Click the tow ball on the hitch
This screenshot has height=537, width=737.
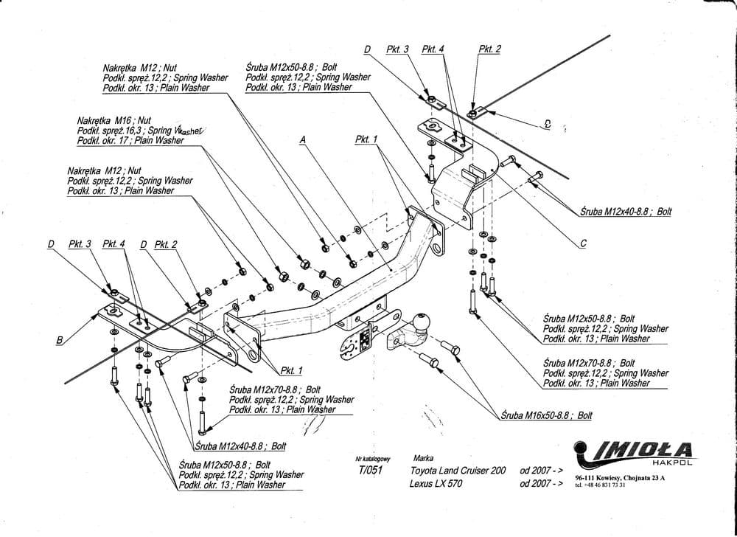[x=424, y=322]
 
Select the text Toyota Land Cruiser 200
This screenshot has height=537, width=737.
[x=458, y=470]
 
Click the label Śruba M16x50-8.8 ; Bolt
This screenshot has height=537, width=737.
[x=546, y=415]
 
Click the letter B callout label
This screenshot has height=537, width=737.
[x=58, y=339]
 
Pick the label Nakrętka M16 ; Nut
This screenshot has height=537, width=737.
[x=113, y=119]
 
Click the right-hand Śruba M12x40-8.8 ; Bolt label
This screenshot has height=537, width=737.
[x=626, y=211]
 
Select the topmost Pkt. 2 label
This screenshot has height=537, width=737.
[x=489, y=49]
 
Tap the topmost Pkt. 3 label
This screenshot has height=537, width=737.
[x=397, y=49]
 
